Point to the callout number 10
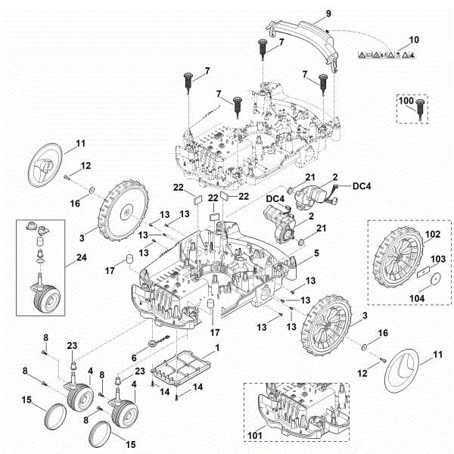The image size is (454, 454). [x=413, y=39]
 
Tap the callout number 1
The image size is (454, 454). [x=218, y=347]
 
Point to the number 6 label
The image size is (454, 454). [x=135, y=358]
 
